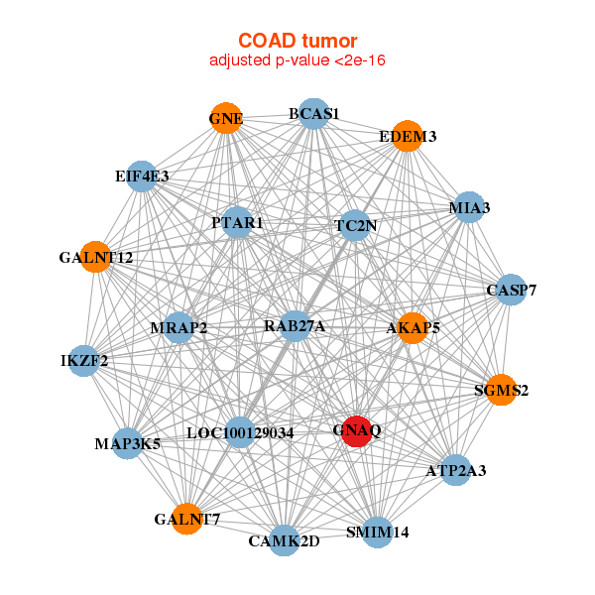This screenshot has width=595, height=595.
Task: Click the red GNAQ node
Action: coord(357,432)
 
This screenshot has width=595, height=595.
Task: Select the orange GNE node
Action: coord(226,118)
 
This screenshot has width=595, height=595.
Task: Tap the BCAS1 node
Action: coord(313,114)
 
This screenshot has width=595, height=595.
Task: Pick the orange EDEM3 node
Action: coord(408,136)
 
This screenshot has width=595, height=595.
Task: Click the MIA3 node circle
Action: coord(468,208)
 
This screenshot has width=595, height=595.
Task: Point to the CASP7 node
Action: coord(511,291)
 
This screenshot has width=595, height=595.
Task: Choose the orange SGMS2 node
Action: coord(501,390)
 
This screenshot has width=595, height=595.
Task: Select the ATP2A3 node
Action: coord(456,470)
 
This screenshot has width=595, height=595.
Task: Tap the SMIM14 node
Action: coord(378,533)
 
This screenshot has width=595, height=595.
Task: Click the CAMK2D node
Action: coord(285,540)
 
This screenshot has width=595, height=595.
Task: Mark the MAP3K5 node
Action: coord(128,442)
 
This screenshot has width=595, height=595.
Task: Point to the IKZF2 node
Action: coord(84,360)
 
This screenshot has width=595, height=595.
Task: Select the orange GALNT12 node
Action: coord(95,258)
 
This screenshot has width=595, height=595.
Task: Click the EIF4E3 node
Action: coord(142,177)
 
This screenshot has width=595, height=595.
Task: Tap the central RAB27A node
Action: coord(295,325)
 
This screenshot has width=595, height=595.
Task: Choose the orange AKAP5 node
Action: coord(412,326)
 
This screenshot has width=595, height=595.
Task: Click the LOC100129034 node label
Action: coord(240,433)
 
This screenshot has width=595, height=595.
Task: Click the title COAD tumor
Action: coord(297,41)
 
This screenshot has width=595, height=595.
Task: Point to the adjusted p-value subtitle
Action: coord(297,60)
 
